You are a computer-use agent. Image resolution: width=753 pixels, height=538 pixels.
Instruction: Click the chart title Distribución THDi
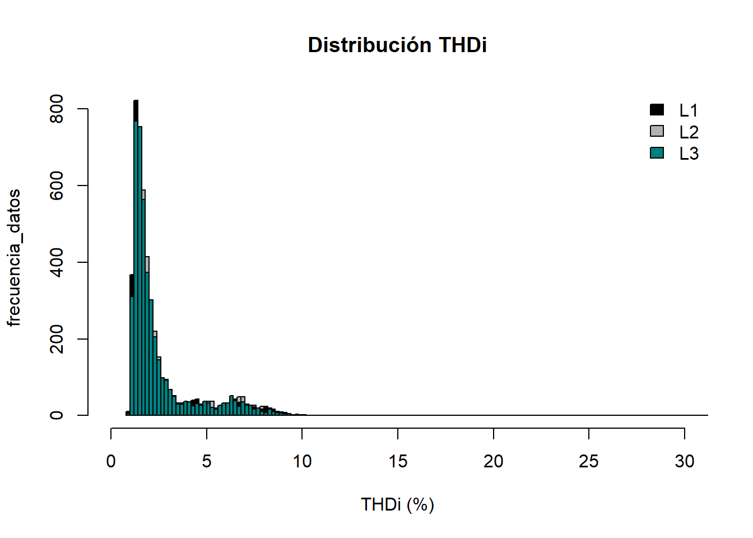click(397, 45)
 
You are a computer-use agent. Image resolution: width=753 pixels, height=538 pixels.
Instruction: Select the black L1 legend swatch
click(657, 110)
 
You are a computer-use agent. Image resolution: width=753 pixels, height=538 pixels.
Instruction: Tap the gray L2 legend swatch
click(657, 131)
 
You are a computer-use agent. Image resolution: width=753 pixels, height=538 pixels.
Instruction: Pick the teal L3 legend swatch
click(657, 152)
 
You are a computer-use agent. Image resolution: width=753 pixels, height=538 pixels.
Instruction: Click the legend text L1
click(689, 110)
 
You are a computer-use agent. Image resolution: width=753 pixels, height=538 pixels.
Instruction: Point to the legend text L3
click(689, 154)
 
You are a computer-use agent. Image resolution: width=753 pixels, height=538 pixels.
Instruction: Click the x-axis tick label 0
click(111, 461)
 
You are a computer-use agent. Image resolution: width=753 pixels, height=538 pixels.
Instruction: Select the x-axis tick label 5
click(207, 461)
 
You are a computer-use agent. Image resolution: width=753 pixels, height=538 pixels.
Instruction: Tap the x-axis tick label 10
click(302, 461)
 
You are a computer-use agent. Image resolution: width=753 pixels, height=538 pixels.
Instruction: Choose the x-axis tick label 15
click(398, 461)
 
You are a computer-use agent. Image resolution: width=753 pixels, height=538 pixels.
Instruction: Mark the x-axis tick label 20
click(493, 461)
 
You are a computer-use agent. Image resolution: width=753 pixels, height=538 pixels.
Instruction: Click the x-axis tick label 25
click(589, 461)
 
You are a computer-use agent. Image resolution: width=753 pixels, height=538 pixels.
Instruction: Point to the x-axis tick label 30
click(684, 461)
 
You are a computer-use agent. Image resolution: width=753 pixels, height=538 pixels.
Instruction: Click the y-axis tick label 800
click(57, 109)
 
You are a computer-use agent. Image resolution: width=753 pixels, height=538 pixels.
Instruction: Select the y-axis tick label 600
click(57, 185)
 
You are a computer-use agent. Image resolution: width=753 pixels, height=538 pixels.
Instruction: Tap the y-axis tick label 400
click(57, 262)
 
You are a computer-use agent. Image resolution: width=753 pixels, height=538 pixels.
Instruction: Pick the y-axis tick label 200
click(57, 339)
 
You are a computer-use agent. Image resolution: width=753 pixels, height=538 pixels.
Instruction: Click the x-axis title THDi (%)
click(397, 504)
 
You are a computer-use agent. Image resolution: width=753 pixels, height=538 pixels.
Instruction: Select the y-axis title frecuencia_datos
click(13, 258)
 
